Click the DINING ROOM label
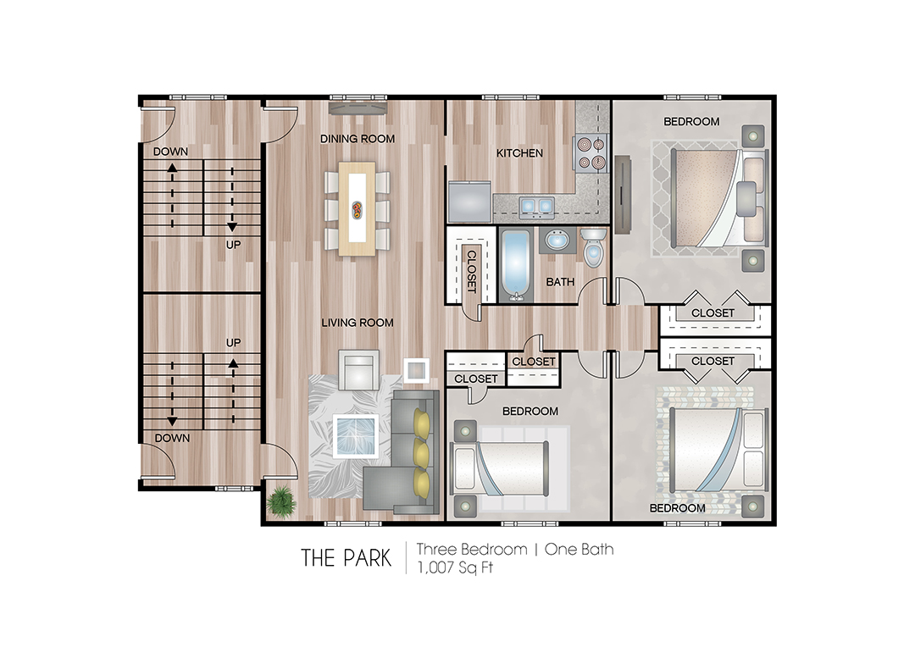coord(357,138)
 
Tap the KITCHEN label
coord(519,153)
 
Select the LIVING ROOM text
coord(357,323)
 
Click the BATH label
coord(560,281)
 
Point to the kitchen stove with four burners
coord(591,152)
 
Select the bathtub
coord(514,263)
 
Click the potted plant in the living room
coord(280,501)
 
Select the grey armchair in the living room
coord(357,368)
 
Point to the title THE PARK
coord(346,558)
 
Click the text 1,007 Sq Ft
coord(454,568)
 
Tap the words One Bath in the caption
coord(579,549)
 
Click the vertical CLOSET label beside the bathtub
coord(472,270)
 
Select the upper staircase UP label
coord(233,244)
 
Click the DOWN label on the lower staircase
coord(171,438)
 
